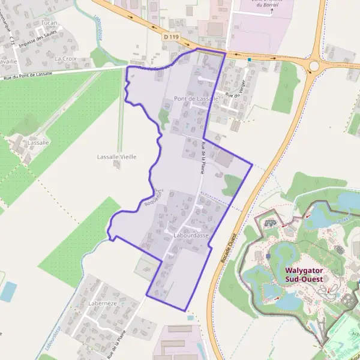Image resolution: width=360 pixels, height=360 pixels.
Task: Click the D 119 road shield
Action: (x=170, y=37)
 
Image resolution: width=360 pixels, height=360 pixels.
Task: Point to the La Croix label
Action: (x=65, y=59)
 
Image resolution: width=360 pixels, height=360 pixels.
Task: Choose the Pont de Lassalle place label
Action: (x=196, y=98)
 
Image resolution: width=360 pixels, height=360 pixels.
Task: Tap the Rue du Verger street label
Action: (x=237, y=95)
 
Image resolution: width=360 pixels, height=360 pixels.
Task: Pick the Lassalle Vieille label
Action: (x=117, y=157)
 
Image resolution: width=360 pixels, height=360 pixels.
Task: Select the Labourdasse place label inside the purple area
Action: (x=191, y=236)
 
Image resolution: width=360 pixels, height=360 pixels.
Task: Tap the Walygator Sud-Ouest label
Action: (x=304, y=274)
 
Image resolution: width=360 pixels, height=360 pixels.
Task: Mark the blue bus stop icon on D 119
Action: (x=249, y=60)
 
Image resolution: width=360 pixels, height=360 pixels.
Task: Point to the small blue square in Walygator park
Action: (x=268, y=256)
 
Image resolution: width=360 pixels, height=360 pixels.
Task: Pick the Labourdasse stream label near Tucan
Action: (x=98, y=27)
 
